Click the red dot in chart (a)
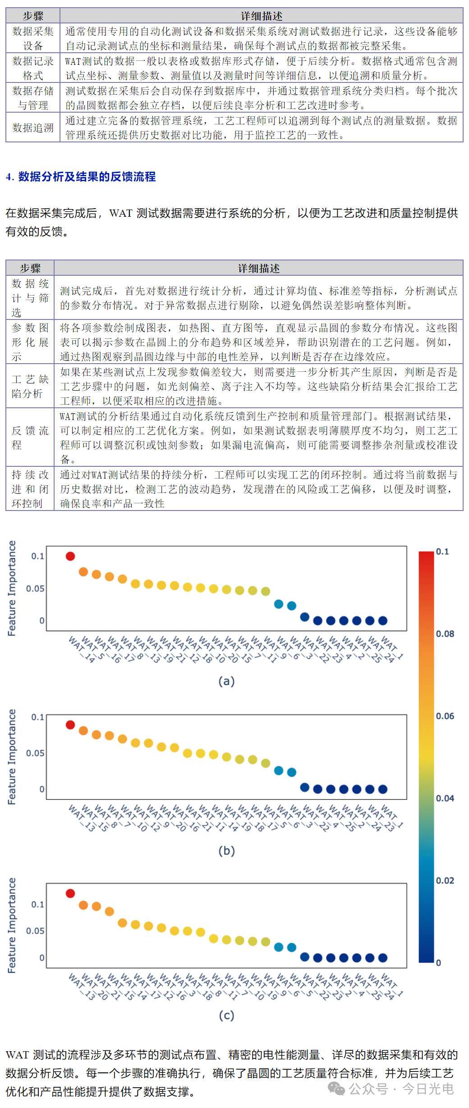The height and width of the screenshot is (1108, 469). [70, 556]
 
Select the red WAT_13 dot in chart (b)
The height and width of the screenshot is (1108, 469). [70, 725]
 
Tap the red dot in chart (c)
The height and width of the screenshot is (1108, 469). [70, 893]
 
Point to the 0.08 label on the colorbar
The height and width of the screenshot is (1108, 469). [445, 634]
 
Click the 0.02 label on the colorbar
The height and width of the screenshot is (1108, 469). [445, 880]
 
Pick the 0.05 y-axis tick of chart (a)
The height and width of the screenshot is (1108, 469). [35, 588]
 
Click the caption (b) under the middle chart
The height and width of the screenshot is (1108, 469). [226, 850]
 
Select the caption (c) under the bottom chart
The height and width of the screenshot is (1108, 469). [226, 1015]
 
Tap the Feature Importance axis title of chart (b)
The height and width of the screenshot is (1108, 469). [12, 757]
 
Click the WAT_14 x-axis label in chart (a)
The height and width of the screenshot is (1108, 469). [82, 649]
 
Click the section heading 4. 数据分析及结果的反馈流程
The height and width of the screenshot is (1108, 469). [81, 177]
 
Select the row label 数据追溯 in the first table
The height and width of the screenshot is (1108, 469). [33, 128]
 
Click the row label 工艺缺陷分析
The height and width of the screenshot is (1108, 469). [30, 386]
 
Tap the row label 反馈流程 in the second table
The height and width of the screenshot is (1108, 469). [30, 438]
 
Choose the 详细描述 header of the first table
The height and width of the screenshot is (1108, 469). [262, 16]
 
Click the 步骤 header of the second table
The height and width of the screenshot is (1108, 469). [30, 268]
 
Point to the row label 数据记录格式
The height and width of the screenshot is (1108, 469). [33, 68]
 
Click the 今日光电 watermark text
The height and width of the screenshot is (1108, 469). [428, 1089]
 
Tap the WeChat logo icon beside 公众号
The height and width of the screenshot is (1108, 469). [336, 1089]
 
